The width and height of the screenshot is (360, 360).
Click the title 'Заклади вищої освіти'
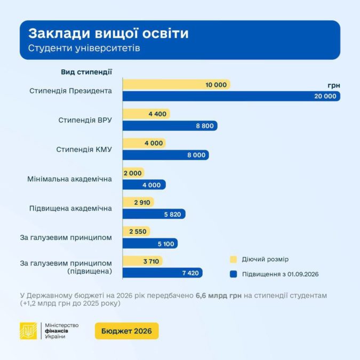[x=108, y=34]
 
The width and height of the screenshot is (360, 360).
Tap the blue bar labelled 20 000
[x=231, y=96]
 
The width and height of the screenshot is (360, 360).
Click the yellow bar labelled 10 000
[x=177, y=84]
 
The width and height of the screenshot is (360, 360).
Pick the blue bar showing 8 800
[x=170, y=125]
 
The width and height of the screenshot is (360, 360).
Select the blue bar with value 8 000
[x=166, y=155]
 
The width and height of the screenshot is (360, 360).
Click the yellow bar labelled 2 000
[x=133, y=173]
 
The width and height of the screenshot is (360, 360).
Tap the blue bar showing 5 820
[x=154, y=213]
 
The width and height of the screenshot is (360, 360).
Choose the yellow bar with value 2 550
[x=137, y=231]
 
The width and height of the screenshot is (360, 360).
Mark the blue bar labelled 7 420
[x=163, y=272]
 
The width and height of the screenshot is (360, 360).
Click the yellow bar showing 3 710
[x=142, y=261]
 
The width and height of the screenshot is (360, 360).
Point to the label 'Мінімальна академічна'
[x=69, y=179]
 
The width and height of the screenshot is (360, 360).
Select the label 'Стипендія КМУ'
[x=84, y=149]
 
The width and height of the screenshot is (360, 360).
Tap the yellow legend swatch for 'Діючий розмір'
[x=233, y=259]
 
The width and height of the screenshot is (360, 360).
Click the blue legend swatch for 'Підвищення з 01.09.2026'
[x=233, y=274]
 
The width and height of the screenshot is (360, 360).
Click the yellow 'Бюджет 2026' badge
[x=126, y=331]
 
